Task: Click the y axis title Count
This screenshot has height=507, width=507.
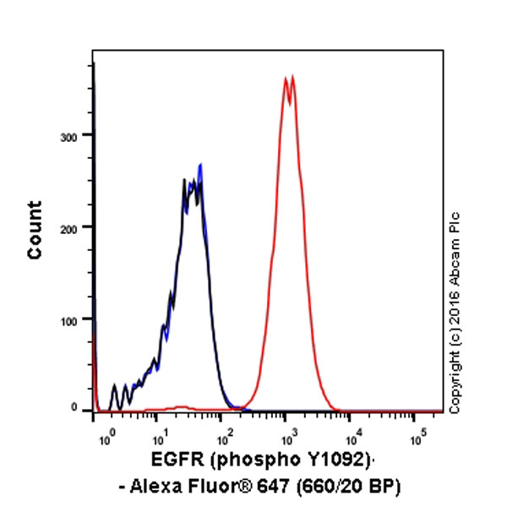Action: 35,229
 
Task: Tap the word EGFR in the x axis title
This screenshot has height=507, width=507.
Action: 175,461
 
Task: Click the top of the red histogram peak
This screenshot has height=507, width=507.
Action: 288,78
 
